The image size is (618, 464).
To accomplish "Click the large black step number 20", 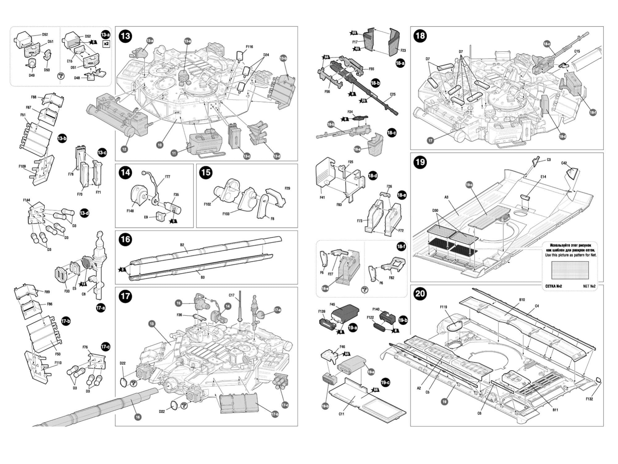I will pyautogui.click(x=420, y=293).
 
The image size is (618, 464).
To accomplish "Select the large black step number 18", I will pyautogui.click(x=420, y=36).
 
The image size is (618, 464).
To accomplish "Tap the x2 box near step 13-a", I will pyautogui.click(x=106, y=44).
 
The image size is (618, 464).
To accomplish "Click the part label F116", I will pyautogui.click(x=249, y=47).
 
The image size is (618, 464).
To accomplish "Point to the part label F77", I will pyautogui.click(x=167, y=177).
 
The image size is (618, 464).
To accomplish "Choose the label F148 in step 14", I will pyautogui.click(x=130, y=211).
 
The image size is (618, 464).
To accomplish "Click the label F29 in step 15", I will pyautogui.click(x=287, y=188).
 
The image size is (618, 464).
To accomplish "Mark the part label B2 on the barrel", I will pyautogui.click(x=182, y=245).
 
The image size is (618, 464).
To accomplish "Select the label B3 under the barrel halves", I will pyautogui.click(x=202, y=277).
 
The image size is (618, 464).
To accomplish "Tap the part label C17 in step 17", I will pyautogui.click(x=231, y=295).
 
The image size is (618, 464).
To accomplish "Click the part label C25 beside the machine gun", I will pyautogui.click(x=392, y=94).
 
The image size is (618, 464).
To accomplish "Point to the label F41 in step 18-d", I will pyautogui.click(x=322, y=197).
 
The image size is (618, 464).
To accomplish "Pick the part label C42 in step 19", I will pyautogui.click(x=564, y=163).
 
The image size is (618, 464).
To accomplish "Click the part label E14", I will pyautogui.click(x=543, y=177).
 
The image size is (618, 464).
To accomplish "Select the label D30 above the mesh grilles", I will pyautogui.click(x=435, y=210).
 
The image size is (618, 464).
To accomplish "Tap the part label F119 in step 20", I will pyautogui.click(x=443, y=307).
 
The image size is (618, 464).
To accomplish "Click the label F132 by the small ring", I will pyautogui.click(x=589, y=399).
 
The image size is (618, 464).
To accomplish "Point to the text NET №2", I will pyautogui.click(x=589, y=286).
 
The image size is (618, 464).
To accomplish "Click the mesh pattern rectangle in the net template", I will pyautogui.click(x=570, y=270).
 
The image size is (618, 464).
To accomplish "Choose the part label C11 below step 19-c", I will pyautogui.click(x=341, y=414).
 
